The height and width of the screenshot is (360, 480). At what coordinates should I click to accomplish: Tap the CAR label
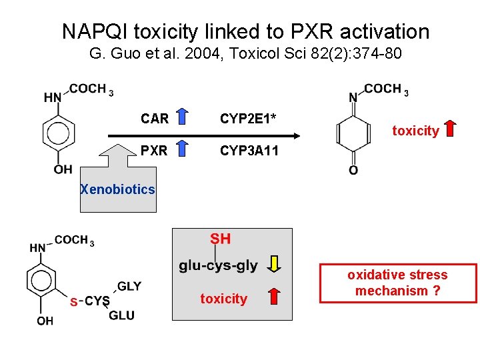pyautogui.click(x=155, y=119)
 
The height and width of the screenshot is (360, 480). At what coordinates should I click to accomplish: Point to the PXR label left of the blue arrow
pyautogui.click(x=154, y=151)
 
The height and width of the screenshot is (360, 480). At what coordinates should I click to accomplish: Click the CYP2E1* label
pyautogui.click(x=249, y=119)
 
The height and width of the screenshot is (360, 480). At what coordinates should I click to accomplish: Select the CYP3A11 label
pyautogui.click(x=249, y=151)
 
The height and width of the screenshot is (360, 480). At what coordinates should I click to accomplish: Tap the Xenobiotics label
pyautogui.click(x=117, y=189)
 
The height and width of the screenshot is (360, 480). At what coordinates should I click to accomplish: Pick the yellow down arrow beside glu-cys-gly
pyautogui.click(x=274, y=265)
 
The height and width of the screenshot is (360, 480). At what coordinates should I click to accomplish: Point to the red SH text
pyautogui.click(x=221, y=239)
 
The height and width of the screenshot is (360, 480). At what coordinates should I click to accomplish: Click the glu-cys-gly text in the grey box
pyautogui.click(x=218, y=265)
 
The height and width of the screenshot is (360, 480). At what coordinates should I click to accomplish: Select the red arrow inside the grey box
pyautogui.click(x=274, y=297)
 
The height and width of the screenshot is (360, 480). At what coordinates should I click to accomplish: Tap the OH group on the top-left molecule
pyautogui.click(x=63, y=169)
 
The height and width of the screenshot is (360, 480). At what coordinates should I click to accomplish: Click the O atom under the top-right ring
pyautogui.click(x=353, y=171)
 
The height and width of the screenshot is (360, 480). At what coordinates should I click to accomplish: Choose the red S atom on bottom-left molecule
pyautogui.click(x=73, y=302)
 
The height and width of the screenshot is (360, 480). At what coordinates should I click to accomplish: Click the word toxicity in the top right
pyautogui.click(x=415, y=131)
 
